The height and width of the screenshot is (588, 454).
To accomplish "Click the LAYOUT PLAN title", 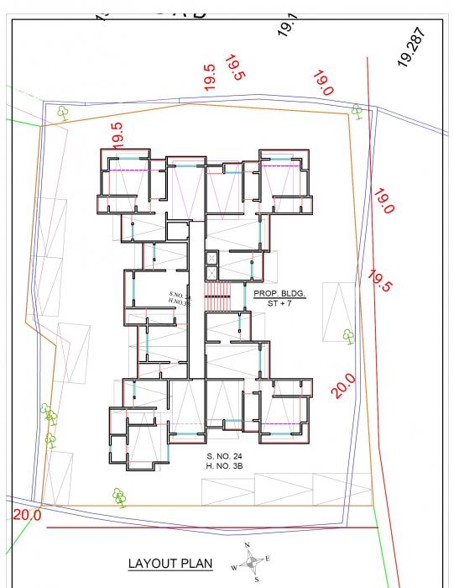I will click(170, 564).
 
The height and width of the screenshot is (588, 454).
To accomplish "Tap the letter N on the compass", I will click(248, 546).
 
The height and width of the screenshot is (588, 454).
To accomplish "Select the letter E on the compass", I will click(267, 558).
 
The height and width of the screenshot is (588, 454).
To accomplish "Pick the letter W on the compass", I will click(235, 569).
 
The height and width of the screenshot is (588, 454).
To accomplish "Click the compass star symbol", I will click(252, 563).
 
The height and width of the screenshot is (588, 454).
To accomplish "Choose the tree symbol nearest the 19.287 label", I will click(357, 110).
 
